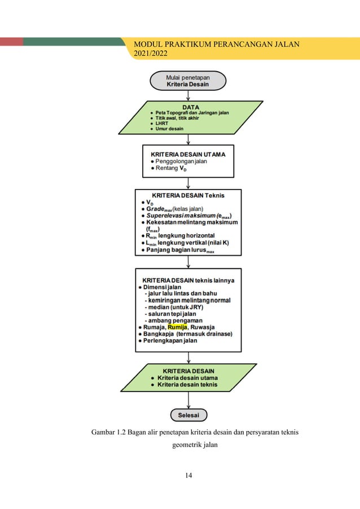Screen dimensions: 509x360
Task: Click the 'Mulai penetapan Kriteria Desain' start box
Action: pyautogui.click(x=187, y=80)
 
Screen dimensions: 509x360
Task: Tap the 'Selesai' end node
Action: pyautogui.click(x=188, y=415)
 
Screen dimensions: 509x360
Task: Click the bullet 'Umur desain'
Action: pyautogui.click(x=169, y=129)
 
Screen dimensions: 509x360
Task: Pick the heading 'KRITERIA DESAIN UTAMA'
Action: pyautogui.click(x=187, y=153)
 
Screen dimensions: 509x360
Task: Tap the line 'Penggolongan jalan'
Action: pyautogui.click(x=181, y=161)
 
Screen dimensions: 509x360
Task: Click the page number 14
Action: pyautogui.click(x=188, y=475)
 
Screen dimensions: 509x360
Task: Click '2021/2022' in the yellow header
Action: pyautogui.click(x=151, y=54)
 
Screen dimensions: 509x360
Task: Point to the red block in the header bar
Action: pyautogui.click(x=11, y=42)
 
